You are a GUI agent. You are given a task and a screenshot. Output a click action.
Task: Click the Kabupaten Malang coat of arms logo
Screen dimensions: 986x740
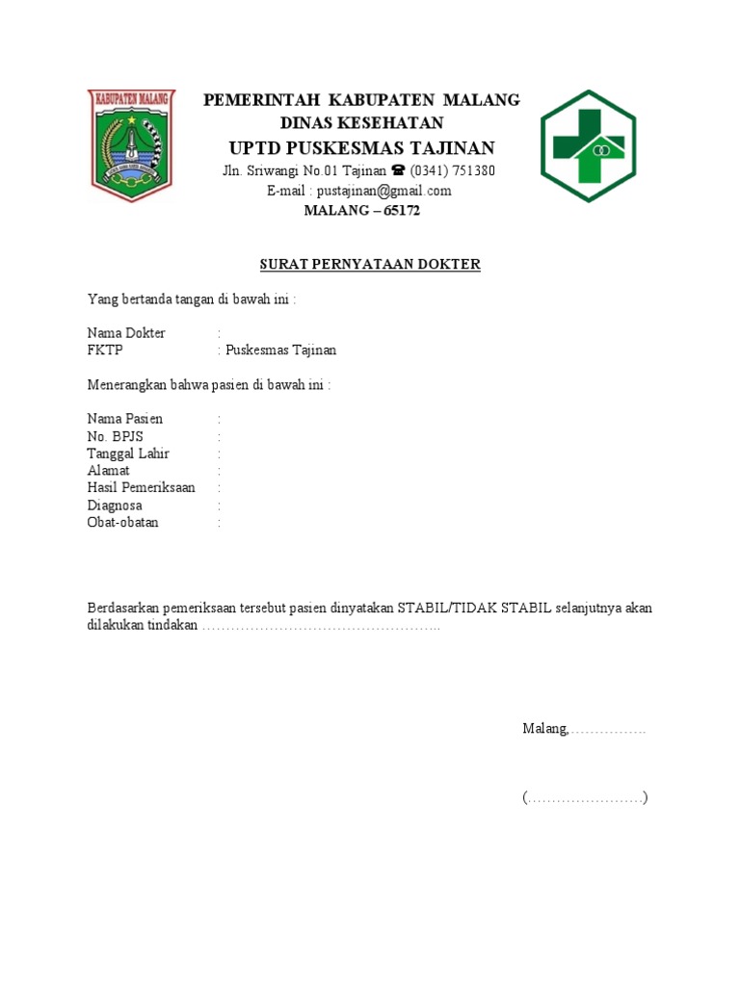[131, 145]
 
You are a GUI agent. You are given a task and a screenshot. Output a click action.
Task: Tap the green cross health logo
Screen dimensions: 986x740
[588, 145]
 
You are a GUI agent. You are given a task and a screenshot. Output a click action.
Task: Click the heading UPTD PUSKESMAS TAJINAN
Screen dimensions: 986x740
[361, 147]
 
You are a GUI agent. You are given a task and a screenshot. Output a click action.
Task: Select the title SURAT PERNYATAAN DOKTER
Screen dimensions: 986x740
[370, 264]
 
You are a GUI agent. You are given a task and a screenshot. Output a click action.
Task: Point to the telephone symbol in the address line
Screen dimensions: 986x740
[397, 171]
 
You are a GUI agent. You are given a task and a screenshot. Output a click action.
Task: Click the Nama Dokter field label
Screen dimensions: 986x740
[126, 333]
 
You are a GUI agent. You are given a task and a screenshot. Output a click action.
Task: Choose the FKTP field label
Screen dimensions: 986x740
[105, 350]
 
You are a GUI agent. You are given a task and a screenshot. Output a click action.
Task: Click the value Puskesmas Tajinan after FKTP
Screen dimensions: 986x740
[280, 350]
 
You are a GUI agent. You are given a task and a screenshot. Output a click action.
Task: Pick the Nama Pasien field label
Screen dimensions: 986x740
[125, 419]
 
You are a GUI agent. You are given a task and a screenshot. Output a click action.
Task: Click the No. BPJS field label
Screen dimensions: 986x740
[115, 436]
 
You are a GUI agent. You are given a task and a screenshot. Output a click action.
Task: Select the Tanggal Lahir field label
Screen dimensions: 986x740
[128, 454]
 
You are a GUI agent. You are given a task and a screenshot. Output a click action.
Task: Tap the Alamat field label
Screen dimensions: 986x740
[109, 471]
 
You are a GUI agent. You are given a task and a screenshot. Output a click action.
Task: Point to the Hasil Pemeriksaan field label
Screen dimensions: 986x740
[141, 488]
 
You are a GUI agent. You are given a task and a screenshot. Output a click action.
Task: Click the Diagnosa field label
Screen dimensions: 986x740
[115, 506]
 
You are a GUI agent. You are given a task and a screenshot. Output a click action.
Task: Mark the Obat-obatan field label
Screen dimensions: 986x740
[123, 523]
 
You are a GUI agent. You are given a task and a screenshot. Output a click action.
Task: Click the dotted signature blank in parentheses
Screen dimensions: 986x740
[585, 798]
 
